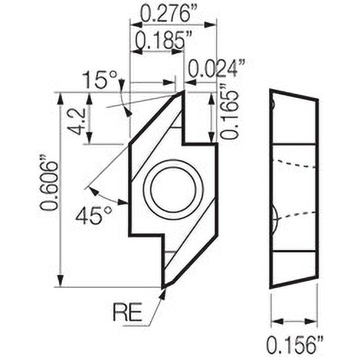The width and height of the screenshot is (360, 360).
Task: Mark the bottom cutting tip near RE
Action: coord(164,287)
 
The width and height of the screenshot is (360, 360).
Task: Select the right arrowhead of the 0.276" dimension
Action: coord(212,25)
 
